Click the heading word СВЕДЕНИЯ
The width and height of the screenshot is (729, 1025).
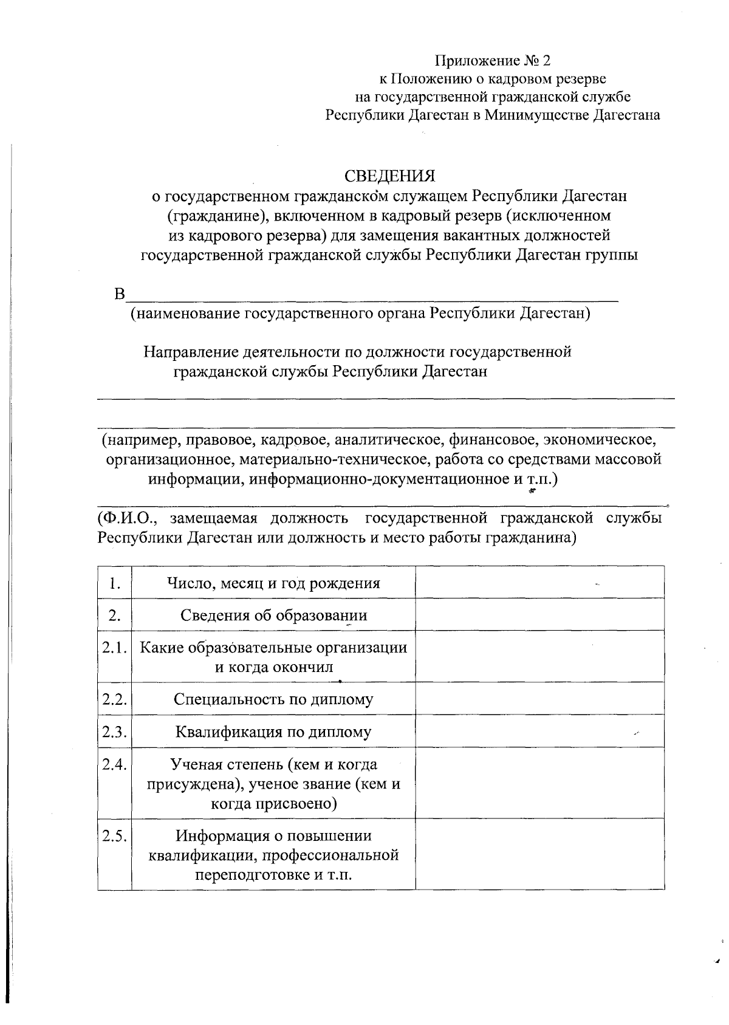pos(390,176)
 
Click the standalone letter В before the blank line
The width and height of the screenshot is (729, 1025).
pos(119,295)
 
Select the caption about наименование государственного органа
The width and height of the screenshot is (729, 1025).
pos(360,314)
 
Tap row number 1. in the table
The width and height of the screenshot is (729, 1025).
pos(115,583)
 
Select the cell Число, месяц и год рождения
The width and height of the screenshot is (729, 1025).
pos(274,583)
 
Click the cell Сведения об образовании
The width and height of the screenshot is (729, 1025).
pos(274,615)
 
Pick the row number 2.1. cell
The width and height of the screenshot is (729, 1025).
pos(115,648)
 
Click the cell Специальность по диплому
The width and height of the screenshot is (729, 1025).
pos(274,699)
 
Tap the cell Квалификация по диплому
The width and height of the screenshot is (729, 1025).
pos(274,732)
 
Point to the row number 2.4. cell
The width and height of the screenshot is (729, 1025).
pos(115,764)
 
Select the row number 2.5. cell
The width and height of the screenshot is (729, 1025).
pos(115,836)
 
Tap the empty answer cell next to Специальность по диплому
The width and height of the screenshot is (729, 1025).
pos(539,699)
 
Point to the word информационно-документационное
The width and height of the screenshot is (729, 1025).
pos(379,479)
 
